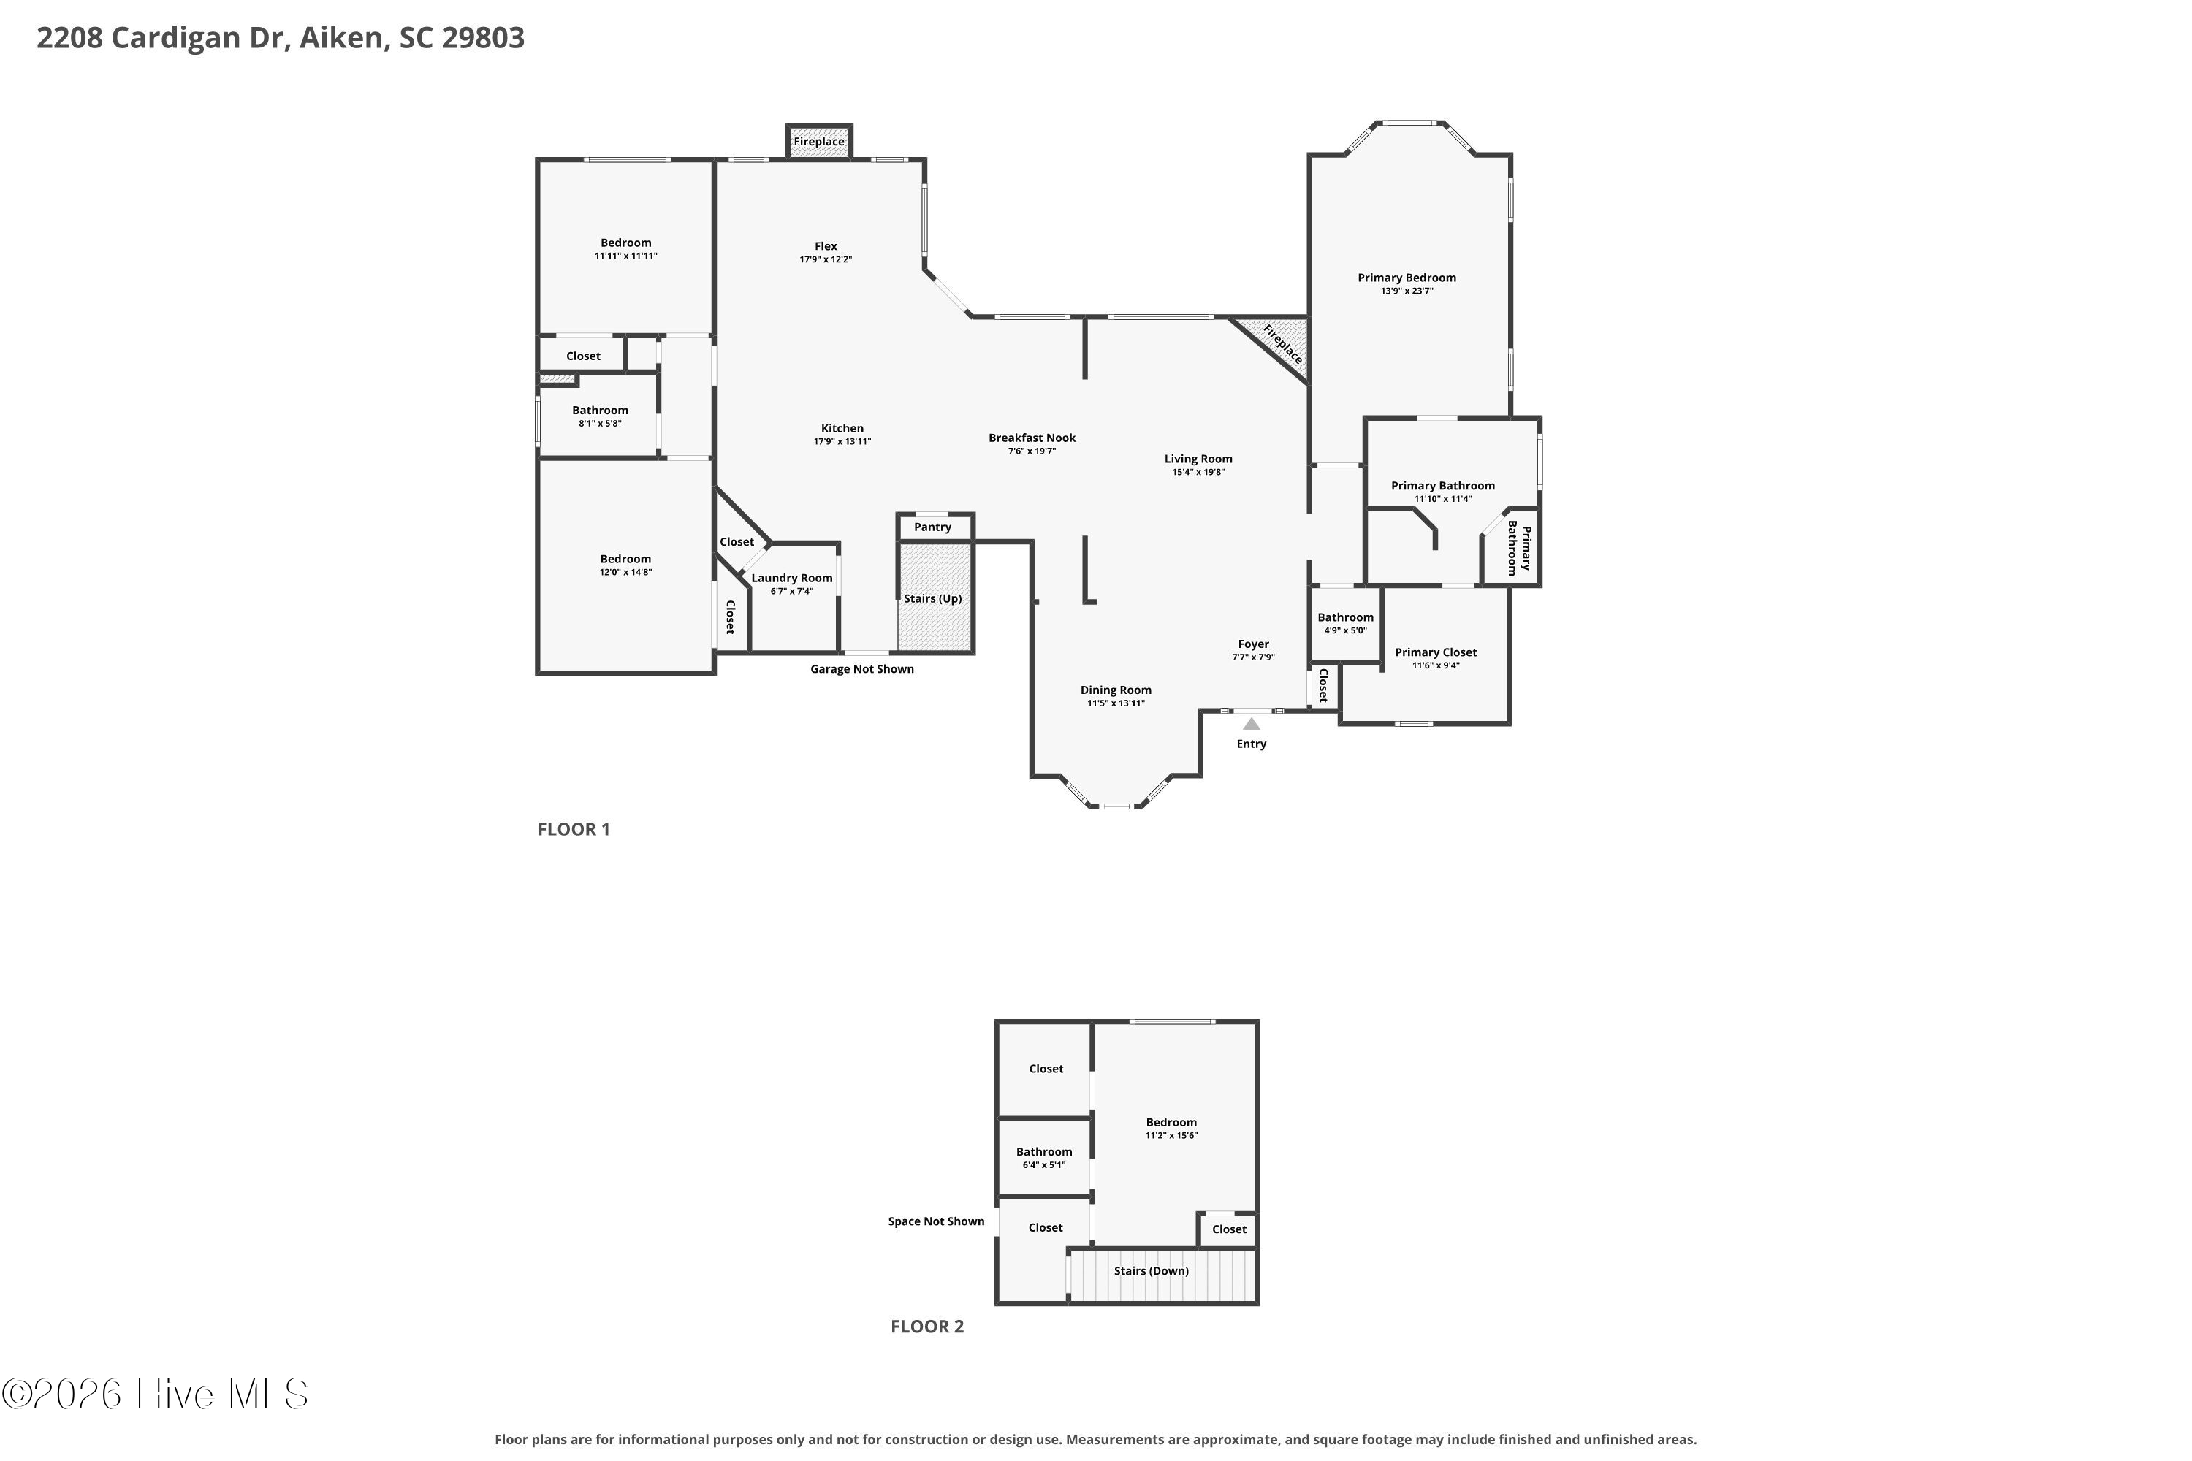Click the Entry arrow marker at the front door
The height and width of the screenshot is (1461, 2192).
tap(1252, 724)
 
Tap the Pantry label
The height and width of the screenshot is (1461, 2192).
tap(933, 527)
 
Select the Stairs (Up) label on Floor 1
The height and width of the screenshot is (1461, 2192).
tap(933, 598)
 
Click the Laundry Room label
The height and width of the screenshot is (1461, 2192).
tap(792, 578)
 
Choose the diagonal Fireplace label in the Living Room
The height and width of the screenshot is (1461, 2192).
tap(1283, 344)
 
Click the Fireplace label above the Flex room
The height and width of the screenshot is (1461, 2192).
tap(819, 142)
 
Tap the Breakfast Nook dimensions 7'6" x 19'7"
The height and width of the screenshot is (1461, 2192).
tap(1032, 451)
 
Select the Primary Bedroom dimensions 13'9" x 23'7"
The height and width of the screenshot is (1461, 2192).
tap(1407, 291)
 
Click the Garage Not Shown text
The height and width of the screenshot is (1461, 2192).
tap(862, 669)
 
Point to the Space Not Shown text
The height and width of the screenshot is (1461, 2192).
tap(936, 1221)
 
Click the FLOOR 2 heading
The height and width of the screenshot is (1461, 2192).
tap(927, 1326)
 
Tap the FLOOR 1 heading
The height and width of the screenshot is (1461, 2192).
tap(574, 829)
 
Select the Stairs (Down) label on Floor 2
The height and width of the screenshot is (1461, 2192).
tap(1152, 1271)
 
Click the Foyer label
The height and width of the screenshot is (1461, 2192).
tap(1254, 644)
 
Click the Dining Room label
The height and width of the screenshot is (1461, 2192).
tap(1116, 690)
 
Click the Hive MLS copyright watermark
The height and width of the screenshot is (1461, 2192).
tap(155, 1395)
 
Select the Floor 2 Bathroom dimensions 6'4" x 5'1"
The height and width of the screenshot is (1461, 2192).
tap(1044, 1164)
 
